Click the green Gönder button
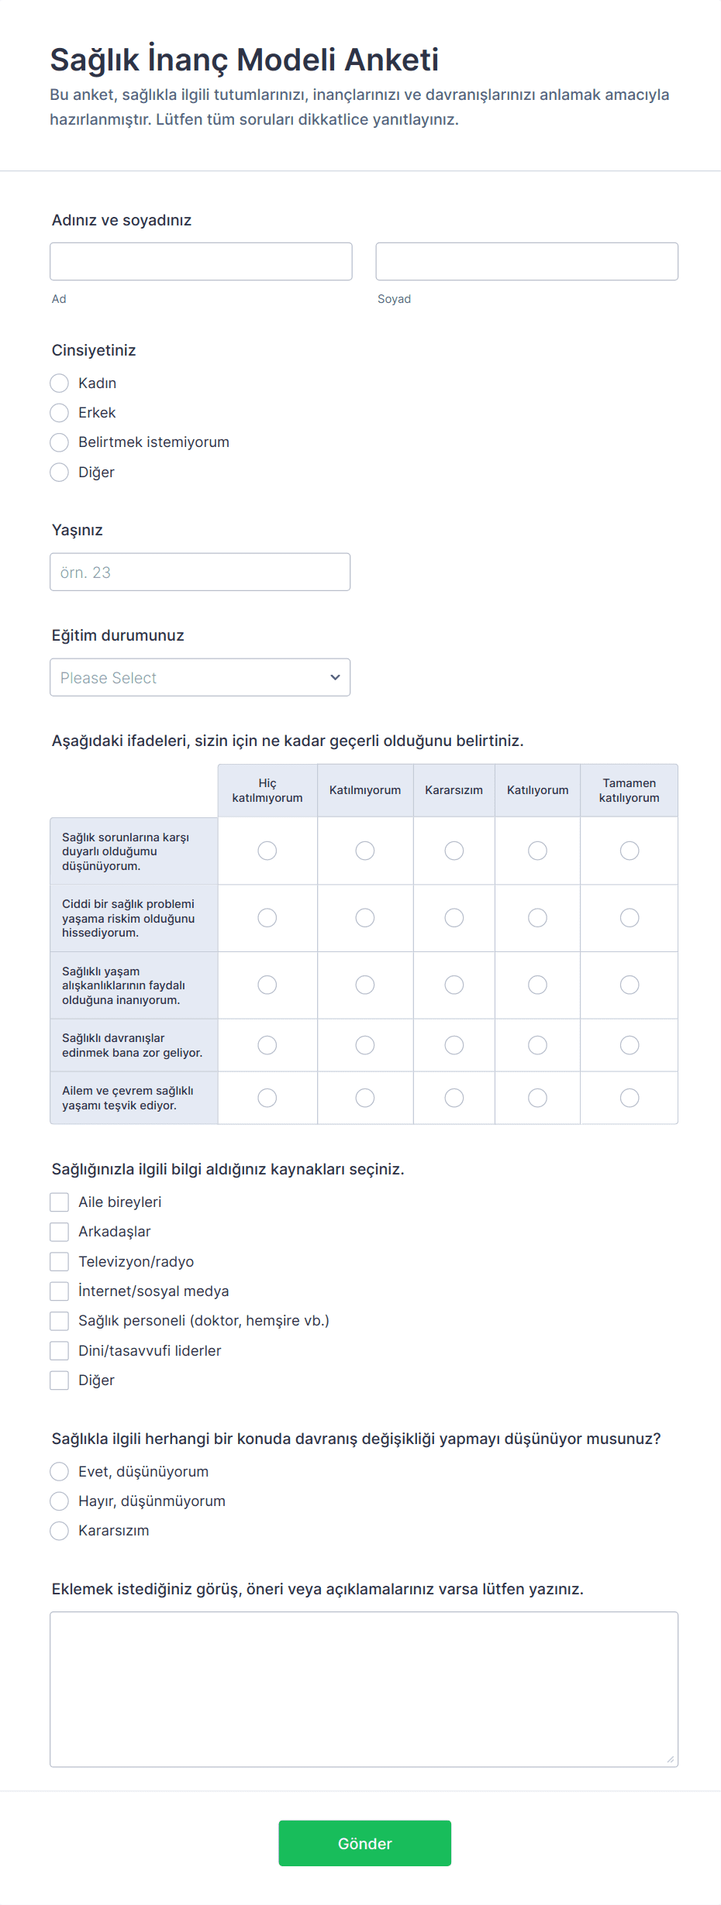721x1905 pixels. [364, 1843]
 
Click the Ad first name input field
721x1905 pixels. [201, 262]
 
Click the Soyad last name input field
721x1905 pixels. [526, 262]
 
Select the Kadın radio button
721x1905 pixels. [60, 383]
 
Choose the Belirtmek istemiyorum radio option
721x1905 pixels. [60, 442]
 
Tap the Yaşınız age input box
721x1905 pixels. [200, 573]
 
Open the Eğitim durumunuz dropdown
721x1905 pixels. [200, 678]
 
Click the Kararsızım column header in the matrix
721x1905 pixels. [454, 790]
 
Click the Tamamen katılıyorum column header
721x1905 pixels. [629, 790]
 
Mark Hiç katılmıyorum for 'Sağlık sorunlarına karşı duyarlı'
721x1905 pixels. [267, 851]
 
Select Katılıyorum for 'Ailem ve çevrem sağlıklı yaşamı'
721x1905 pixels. [537, 1098]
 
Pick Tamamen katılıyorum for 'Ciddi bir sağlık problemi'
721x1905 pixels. [630, 918]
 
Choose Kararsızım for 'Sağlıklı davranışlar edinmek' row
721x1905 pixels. [454, 1045]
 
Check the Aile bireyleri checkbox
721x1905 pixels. [60, 1202]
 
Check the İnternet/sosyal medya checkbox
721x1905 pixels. [60, 1291]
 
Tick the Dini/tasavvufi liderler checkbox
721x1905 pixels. [60, 1351]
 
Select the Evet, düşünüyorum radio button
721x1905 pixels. [60, 1472]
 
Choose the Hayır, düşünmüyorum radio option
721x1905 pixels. [60, 1501]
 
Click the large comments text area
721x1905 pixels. [364, 1690]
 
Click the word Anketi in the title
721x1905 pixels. [392, 60]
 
